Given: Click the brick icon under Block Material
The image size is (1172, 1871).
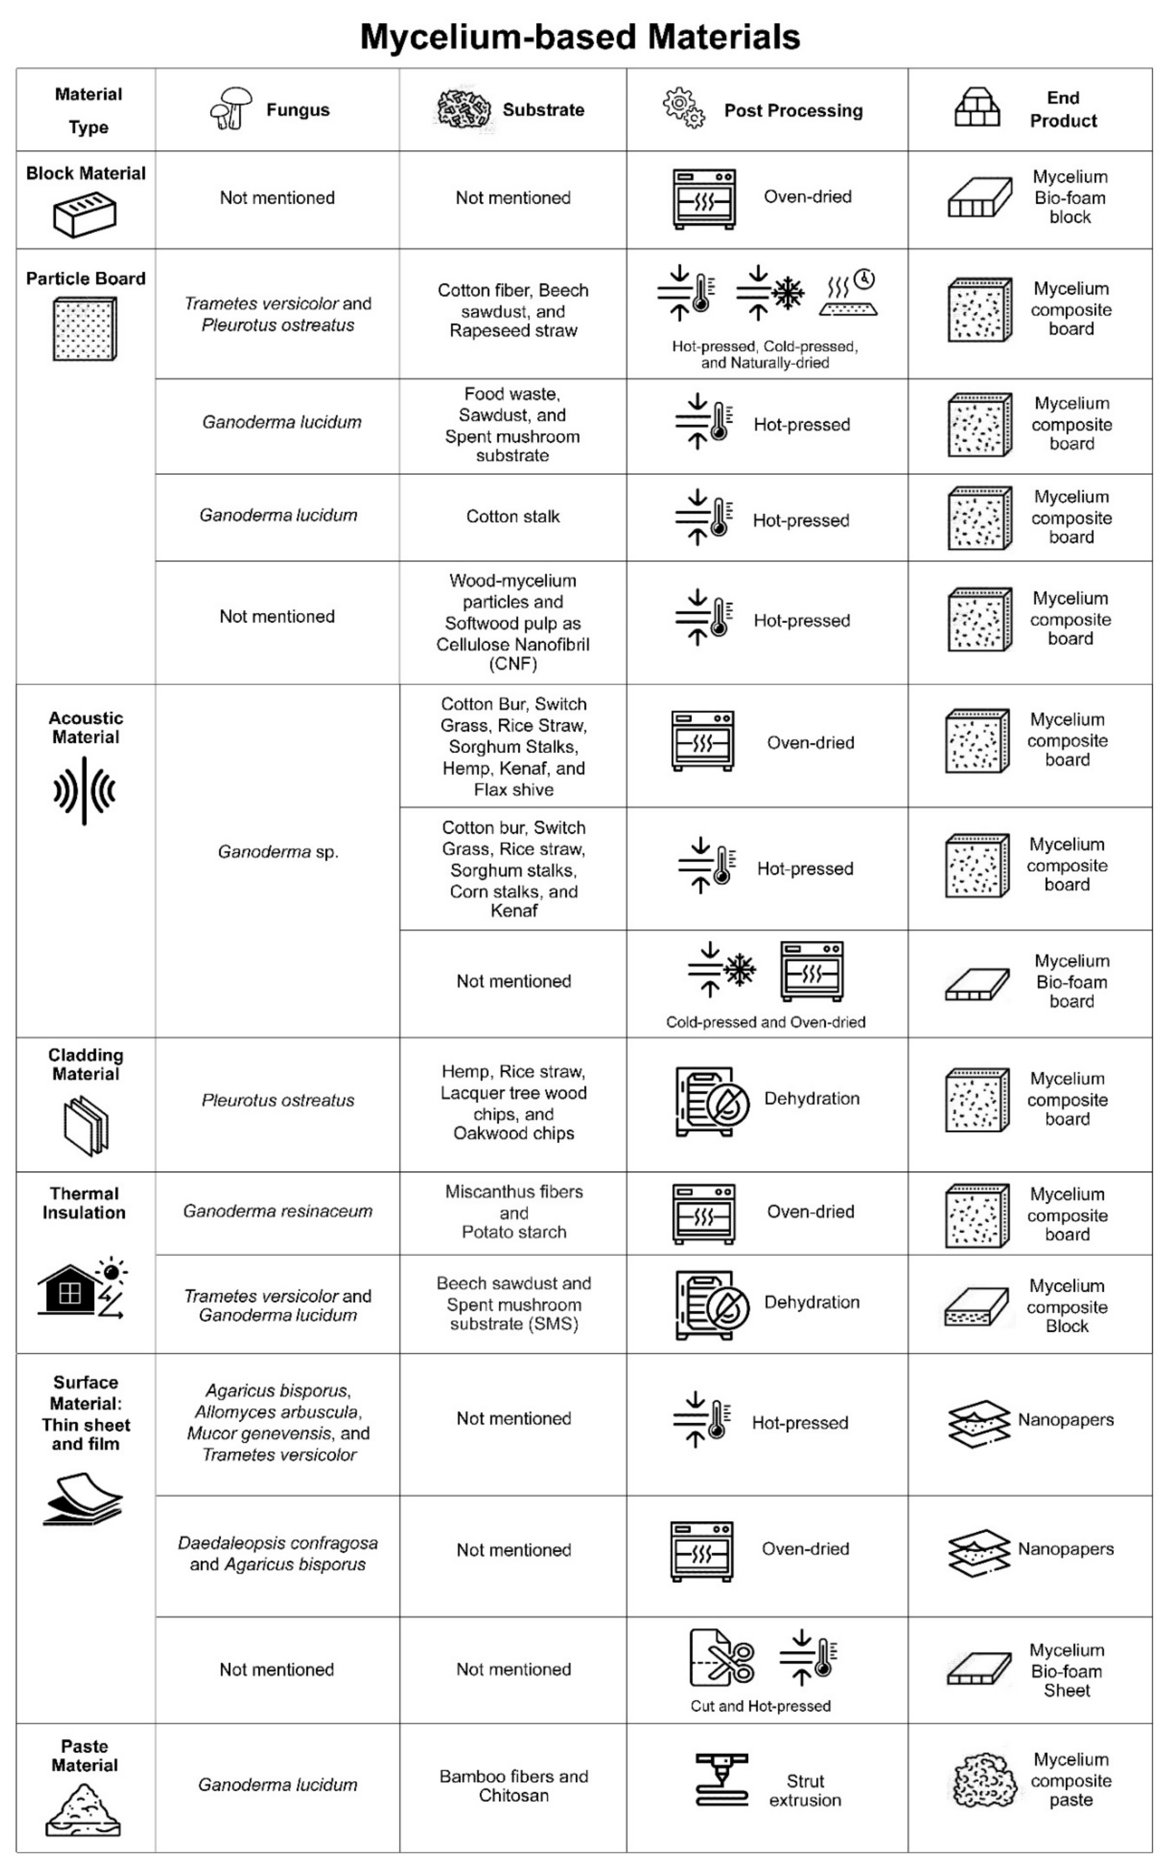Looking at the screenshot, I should point(85,215).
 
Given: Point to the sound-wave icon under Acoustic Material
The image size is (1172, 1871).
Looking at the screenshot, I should point(85,791).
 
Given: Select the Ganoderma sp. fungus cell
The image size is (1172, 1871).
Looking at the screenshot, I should point(278,852).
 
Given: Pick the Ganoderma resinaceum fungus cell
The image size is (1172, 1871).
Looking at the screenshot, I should point(278,1211).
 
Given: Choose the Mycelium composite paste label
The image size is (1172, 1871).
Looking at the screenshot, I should point(1071,1779).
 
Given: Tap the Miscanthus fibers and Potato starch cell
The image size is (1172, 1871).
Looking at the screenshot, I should point(513,1211).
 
